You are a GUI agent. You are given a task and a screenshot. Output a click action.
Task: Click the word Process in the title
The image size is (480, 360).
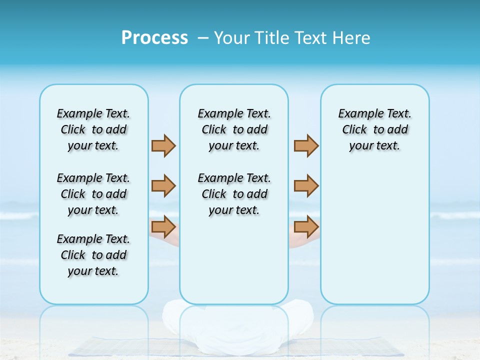pyautogui.click(x=154, y=38)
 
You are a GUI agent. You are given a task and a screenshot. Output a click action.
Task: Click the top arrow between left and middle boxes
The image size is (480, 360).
pyautogui.click(x=163, y=146)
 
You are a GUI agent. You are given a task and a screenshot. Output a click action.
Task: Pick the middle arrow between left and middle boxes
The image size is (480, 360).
pyautogui.click(x=163, y=186)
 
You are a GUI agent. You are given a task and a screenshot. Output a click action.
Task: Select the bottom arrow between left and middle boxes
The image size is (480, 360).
pyautogui.click(x=163, y=227)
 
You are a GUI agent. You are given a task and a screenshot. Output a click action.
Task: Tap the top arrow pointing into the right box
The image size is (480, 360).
pyautogui.click(x=306, y=146)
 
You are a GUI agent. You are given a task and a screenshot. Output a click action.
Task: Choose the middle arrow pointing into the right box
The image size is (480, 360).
pyautogui.click(x=306, y=186)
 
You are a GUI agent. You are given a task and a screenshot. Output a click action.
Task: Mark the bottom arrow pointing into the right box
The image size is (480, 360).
pyautogui.click(x=306, y=227)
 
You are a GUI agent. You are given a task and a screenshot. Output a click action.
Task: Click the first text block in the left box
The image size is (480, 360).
pyautogui.click(x=93, y=129)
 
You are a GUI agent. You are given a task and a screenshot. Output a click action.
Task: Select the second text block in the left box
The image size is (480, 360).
pyautogui.click(x=93, y=194)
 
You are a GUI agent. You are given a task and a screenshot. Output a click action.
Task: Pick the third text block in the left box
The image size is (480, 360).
pyautogui.click(x=93, y=255)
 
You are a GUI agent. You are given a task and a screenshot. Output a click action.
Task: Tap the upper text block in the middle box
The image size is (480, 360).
pyautogui.click(x=234, y=129)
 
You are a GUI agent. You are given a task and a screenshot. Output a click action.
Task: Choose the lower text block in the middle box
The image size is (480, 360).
pyautogui.click(x=234, y=194)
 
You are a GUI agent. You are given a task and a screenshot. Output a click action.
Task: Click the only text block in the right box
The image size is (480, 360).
pyautogui.click(x=374, y=129)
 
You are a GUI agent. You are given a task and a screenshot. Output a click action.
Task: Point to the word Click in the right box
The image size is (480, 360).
pyautogui.click(x=354, y=130)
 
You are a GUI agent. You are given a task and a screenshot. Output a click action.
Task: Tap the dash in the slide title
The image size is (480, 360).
pyautogui.click(x=203, y=38)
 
